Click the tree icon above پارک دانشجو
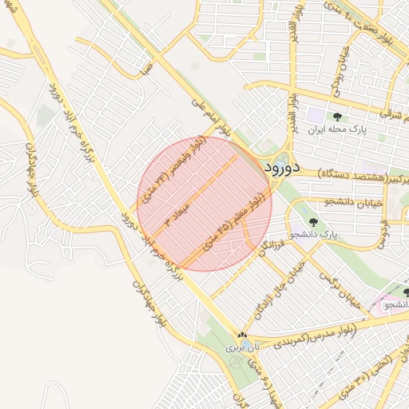click(312, 222)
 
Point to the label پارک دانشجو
click(314, 235)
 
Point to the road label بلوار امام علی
click(212, 118)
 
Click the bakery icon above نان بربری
click(242, 335)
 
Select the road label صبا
click(145, 71)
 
